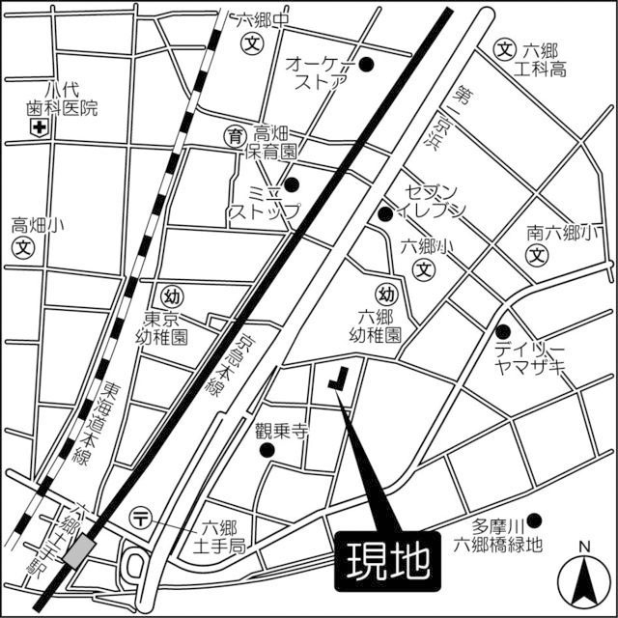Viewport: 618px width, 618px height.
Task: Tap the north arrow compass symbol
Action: [x=584, y=576]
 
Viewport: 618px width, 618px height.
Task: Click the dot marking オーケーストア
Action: [x=366, y=65]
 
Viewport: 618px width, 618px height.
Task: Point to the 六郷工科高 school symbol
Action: [x=505, y=49]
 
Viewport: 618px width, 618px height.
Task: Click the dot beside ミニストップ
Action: [x=292, y=183]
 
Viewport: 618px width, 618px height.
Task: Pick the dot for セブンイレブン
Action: [x=384, y=213]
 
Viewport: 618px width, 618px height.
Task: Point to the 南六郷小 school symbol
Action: [x=537, y=257]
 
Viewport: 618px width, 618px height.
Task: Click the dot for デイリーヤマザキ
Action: [x=502, y=331]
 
